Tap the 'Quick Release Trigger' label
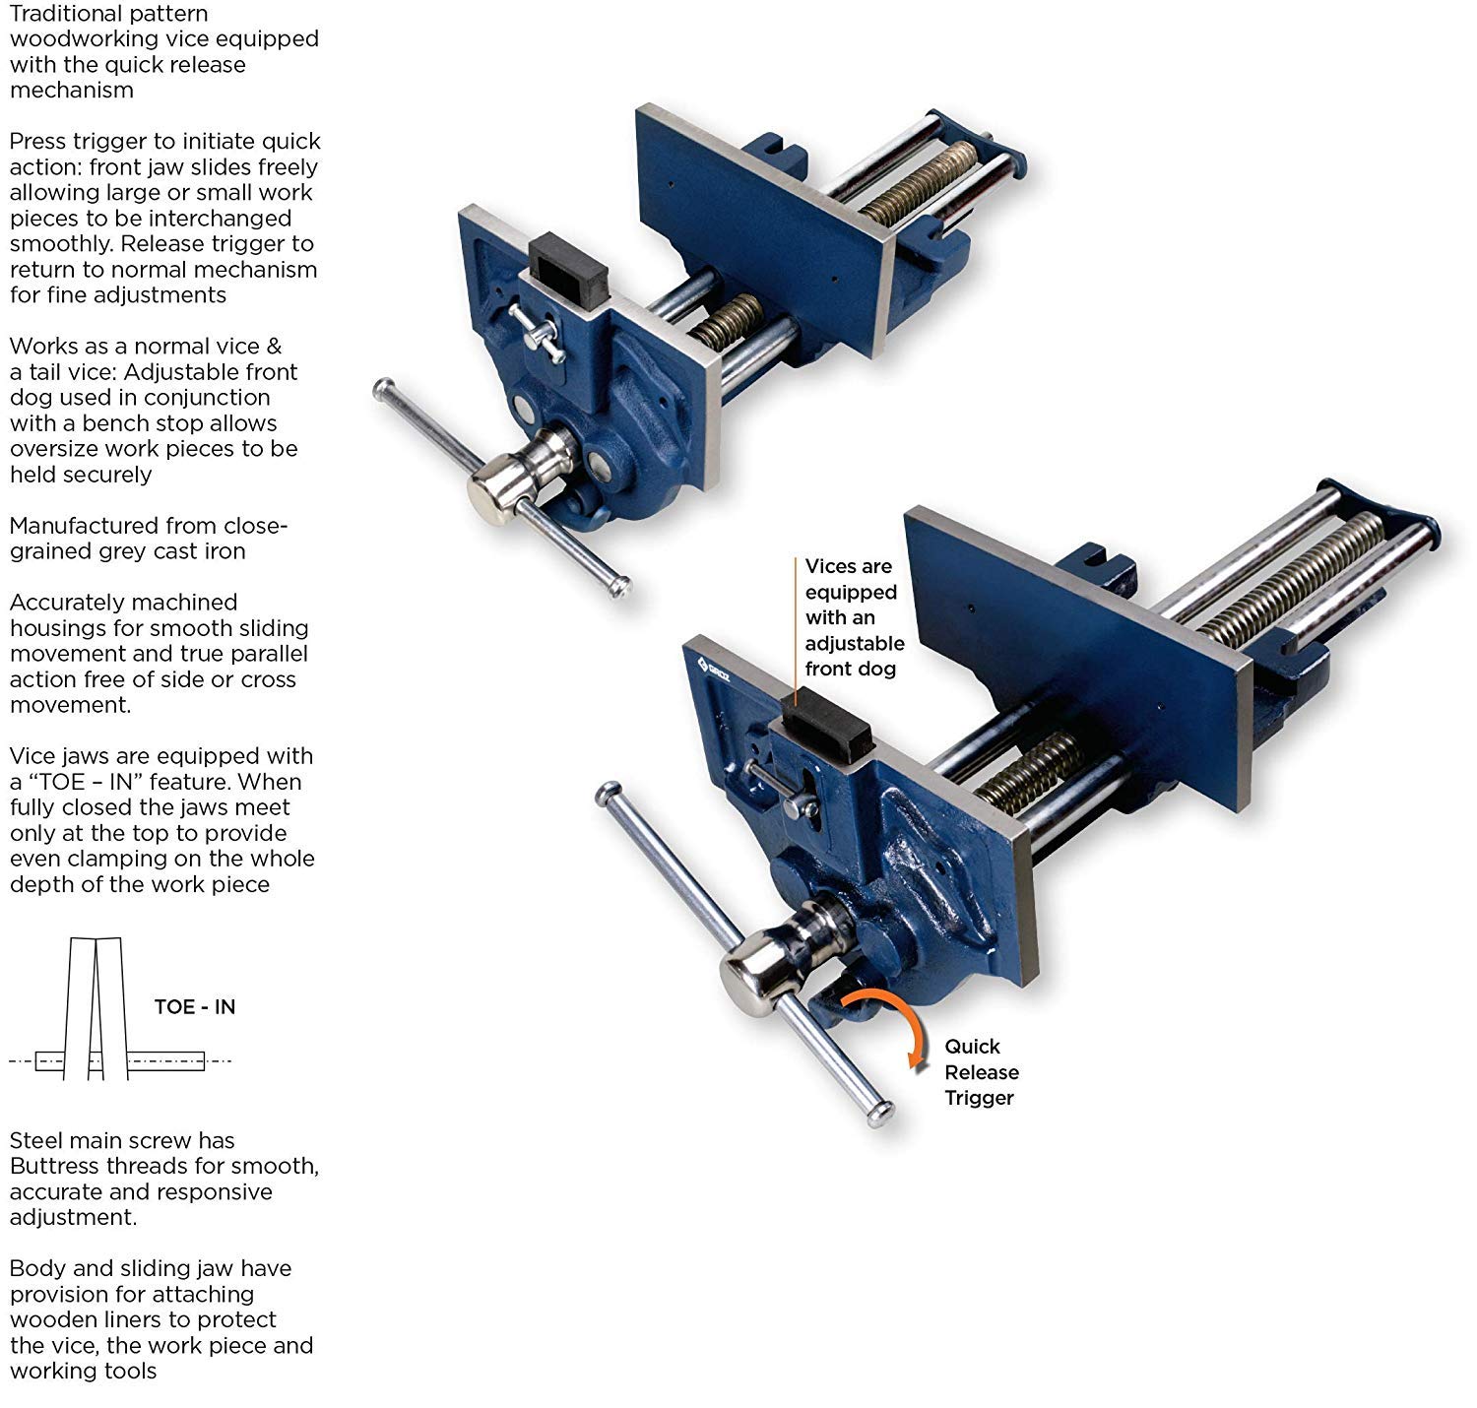pos(981,1072)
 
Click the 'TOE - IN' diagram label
pos(194,1006)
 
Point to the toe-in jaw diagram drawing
pos(96,1009)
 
